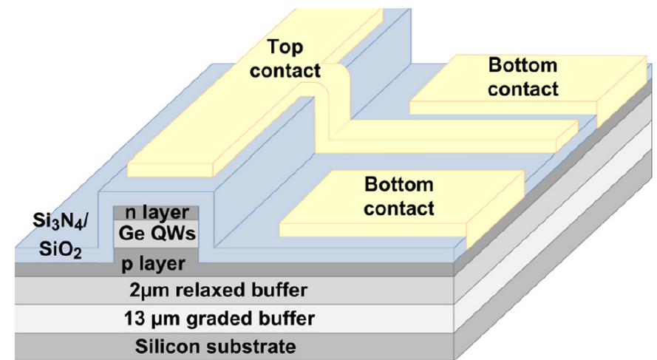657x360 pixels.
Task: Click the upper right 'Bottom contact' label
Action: (x=522, y=78)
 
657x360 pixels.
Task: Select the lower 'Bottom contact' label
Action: (x=398, y=196)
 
